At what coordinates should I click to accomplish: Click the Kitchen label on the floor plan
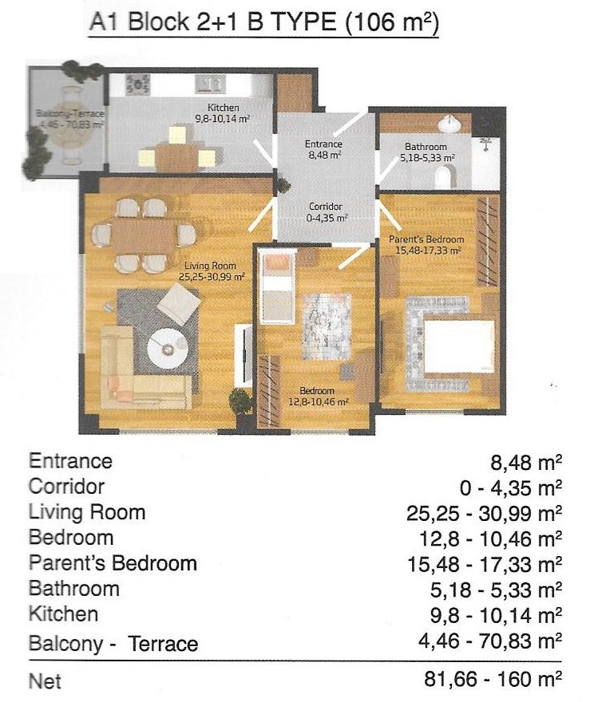(223, 108)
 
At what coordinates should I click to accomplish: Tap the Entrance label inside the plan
(323, 144)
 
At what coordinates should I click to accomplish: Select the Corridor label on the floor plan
(326, 207)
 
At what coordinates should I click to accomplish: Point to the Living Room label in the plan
(210, 266)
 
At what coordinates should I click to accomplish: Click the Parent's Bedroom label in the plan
(426, 239)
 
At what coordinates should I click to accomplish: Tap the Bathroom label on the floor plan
(426, 147)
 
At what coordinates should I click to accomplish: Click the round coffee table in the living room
(168, 349)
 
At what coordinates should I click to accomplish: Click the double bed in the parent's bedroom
(457, 345)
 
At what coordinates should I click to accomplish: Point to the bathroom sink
(449, 124)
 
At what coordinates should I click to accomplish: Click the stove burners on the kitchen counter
(137, 85)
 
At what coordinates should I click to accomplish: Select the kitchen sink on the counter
(210, 85)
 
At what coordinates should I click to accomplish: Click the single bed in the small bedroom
(279, 286)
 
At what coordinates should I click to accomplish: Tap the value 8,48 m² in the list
(526, 463)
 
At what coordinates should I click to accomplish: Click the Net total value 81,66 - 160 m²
(493, 679)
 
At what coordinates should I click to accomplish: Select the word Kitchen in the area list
(63, 613)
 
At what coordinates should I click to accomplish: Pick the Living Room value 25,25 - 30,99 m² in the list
(485, 514)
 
